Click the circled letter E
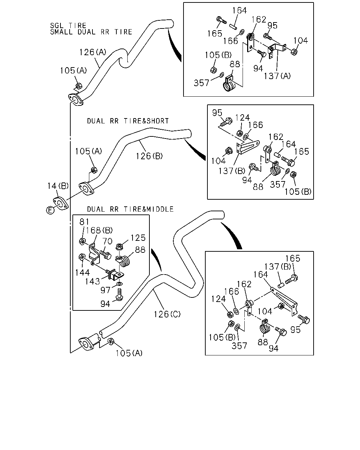(50, 210)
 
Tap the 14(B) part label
(58, 186)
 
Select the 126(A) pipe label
(93, 52)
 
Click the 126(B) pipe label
(149, 156)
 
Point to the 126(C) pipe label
(167, 314)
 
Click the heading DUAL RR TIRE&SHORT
(128, 121)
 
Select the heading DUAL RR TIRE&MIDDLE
(130, 209)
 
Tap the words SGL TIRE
(68, 26)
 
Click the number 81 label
(84, 222)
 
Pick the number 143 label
(92, 282)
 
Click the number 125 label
(138, 238)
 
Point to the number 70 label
(107, 241)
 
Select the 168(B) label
(99, 230)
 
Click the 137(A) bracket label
(277, 76)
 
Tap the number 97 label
(105, 290)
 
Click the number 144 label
(82, 272)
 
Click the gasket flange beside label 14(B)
(60, 204)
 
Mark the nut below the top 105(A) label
(79, 86)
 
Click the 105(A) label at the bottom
(129, 353)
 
